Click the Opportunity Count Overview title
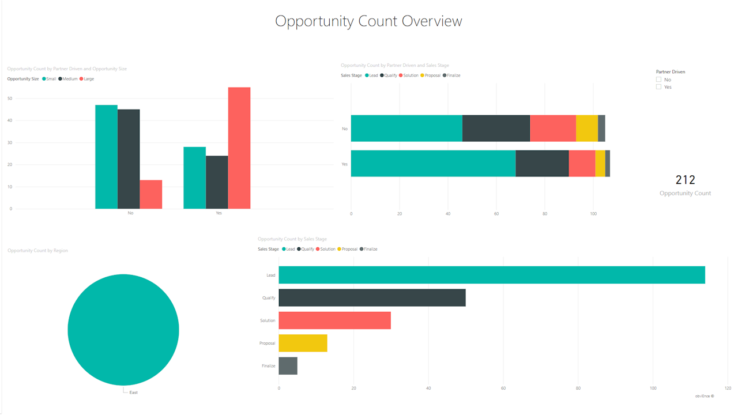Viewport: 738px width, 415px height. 368,21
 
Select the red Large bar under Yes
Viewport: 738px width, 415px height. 239,148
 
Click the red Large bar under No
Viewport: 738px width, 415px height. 151,194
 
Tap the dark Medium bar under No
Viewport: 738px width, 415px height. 129,159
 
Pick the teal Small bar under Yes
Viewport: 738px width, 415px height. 195,178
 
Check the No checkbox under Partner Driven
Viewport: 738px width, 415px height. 658,80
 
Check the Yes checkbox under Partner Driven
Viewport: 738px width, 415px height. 658,87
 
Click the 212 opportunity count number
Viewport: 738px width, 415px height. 685,180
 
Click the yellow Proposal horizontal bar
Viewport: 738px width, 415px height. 303,343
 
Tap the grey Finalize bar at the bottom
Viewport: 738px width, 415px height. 288,366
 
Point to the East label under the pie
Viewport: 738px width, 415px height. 133,393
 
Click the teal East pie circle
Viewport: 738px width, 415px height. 123,330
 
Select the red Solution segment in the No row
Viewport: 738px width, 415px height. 552,128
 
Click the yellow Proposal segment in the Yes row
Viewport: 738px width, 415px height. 600,164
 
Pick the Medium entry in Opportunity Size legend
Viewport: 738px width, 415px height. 69,79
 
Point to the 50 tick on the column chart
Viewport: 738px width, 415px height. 10,99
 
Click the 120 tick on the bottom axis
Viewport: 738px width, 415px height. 728,388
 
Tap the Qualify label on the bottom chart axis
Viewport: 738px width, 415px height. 269,298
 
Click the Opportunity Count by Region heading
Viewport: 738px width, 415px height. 37,251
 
